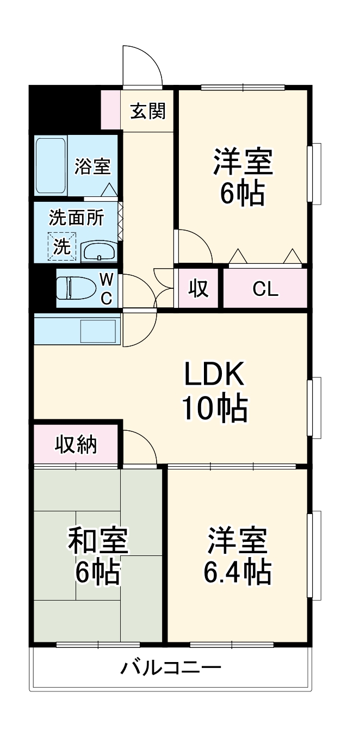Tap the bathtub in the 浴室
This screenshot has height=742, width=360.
coord(51,165)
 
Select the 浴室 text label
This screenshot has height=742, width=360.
coord(93,166)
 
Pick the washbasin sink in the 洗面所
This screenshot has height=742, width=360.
coord(98,252)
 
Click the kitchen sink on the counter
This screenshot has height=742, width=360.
coord(98,330)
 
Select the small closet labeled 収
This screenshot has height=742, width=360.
coord(198,288)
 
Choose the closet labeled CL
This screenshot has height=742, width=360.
coord(265,288)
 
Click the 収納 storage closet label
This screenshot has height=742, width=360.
coord(76,444)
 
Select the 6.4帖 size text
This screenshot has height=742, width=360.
coord(238,571)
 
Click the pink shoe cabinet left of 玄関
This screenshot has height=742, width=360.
coord(111,109)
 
